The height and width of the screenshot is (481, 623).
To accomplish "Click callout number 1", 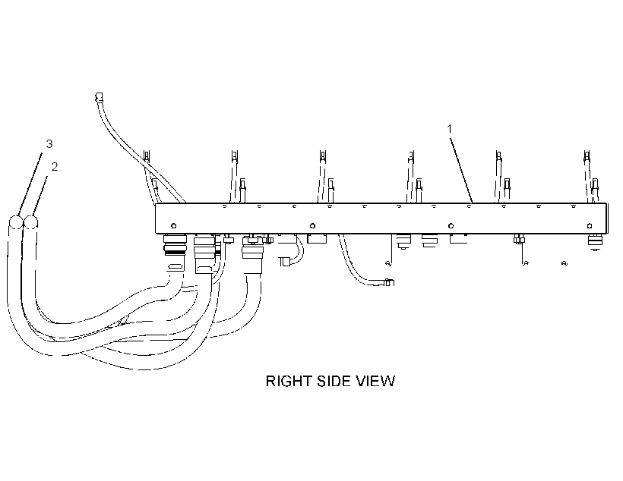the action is pyautogui.click(x=449, y=129).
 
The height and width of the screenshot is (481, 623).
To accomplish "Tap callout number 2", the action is pyautogui.click(x=55, y=167).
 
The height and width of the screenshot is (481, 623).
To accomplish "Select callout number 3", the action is pyautogui.click(x=49, y=143).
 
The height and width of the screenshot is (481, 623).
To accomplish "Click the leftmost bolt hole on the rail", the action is pyautogui.click(x=174, y=226).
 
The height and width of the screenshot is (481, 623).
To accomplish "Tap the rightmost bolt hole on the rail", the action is pyautogui.click(x=590, y=226).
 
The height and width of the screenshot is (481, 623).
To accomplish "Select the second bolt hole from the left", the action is pyautogui.click(x=312, y=226).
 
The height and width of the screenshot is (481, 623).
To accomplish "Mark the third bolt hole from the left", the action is pyautogui.click(x=451, y=226).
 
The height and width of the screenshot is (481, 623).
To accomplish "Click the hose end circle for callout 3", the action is pyautogui.click(x=16, y=222).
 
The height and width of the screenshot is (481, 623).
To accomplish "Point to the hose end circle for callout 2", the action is pyautogui.click(x=31, y=222).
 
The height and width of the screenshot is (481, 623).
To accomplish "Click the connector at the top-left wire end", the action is pyautogui.click(x=99, y=97).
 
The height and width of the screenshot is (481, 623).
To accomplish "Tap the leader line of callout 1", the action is pyautogui.click(x=461, y=170).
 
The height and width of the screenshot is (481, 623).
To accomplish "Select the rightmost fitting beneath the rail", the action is pyautogui.click(x=595, y=242).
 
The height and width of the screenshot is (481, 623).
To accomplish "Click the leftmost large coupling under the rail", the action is pyautogui.click(x=175, y=245).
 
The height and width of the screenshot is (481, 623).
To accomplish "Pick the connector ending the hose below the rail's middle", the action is pyautogui.click(x=389, y=282).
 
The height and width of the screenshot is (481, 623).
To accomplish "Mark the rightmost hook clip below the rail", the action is pyautogui.click(x=564, y=263).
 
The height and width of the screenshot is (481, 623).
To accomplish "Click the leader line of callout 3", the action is pyautogui.click(x=30, y=184).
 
